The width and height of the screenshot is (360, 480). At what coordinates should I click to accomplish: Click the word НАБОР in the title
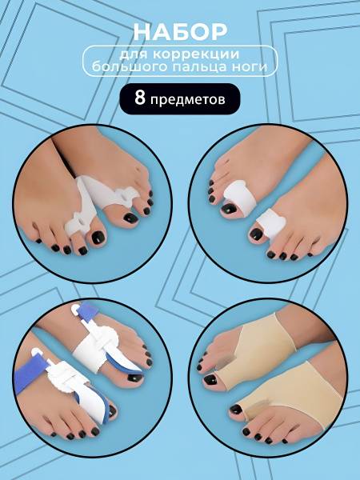[180, 33]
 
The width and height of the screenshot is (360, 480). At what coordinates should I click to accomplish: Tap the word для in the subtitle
[134, 54]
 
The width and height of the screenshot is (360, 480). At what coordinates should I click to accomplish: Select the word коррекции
[196, 54]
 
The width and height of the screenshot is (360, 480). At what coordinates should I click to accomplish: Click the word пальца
[203, 66]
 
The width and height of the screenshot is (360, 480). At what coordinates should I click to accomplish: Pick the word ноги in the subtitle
[253, 66]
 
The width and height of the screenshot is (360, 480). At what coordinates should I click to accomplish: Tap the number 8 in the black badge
[139, 98]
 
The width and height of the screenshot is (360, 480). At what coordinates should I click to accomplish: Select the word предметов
[188, 99]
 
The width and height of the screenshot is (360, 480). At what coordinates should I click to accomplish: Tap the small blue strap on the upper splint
[87, 311]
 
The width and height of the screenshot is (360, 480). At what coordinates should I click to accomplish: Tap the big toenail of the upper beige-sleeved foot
[210, 381]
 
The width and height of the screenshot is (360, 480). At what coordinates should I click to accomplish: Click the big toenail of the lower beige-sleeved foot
[236, 409]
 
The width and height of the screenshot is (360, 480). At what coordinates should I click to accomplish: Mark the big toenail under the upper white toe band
[230, 210]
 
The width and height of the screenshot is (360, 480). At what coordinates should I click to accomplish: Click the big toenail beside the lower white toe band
[256, 234]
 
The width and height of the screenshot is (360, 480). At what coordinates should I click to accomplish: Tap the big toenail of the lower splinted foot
[111, 410]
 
